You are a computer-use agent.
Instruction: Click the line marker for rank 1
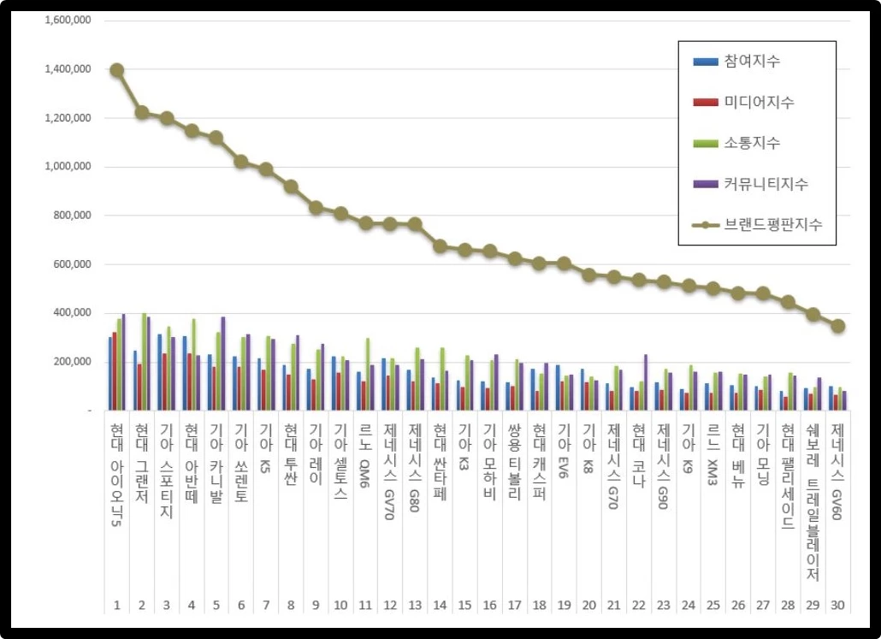coord(117,70)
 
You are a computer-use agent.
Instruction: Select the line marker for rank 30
coord(838,326)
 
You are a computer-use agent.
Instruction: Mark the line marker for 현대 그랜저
coord(142,112)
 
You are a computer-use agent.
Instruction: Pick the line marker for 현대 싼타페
coord(440,246)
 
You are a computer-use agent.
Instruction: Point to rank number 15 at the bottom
coord(464,606)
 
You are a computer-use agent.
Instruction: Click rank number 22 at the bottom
coord(638,606)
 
